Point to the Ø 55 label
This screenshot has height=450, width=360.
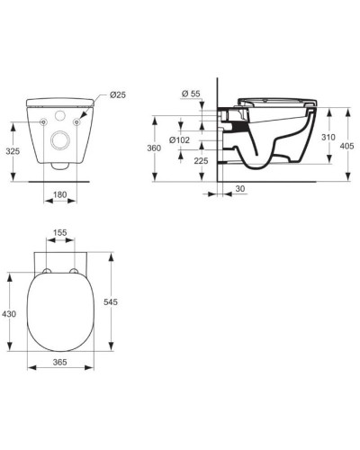pyautogui.click(x=191, y=94)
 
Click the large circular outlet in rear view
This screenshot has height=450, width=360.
pyautogui.click(x=62, y=140)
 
